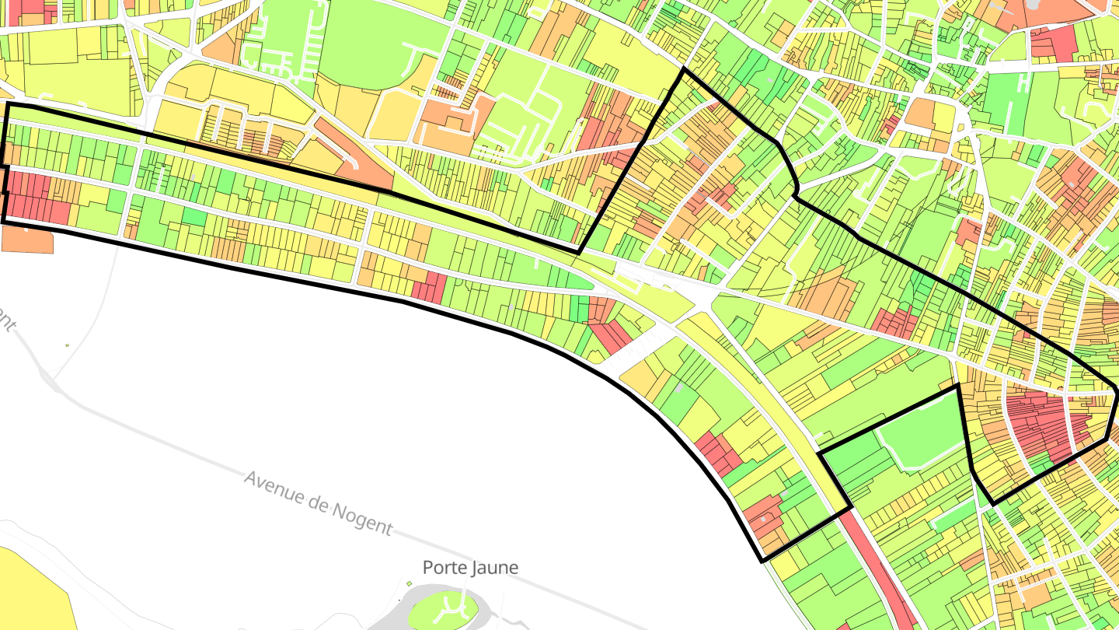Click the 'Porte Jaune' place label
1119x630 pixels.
[x=470, y=568]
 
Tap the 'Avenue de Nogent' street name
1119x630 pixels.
[x=319, y=502]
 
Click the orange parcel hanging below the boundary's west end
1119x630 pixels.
[x=27, y=240]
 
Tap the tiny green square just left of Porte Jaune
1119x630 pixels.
[x=410, y=583]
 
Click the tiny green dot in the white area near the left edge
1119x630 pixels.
[x=67, y=345]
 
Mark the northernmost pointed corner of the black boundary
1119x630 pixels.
[x=684, y=69]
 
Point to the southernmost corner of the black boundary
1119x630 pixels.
[x=762, y=561]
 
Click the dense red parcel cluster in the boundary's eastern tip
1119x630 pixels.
[x=1041, y=424]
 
